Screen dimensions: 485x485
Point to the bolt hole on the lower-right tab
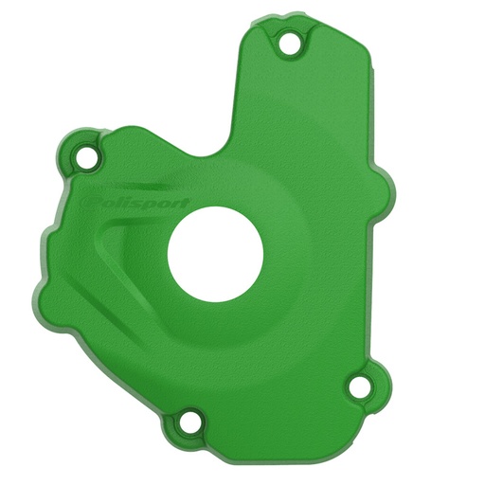pyautogui.click(x=358, y=386)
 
